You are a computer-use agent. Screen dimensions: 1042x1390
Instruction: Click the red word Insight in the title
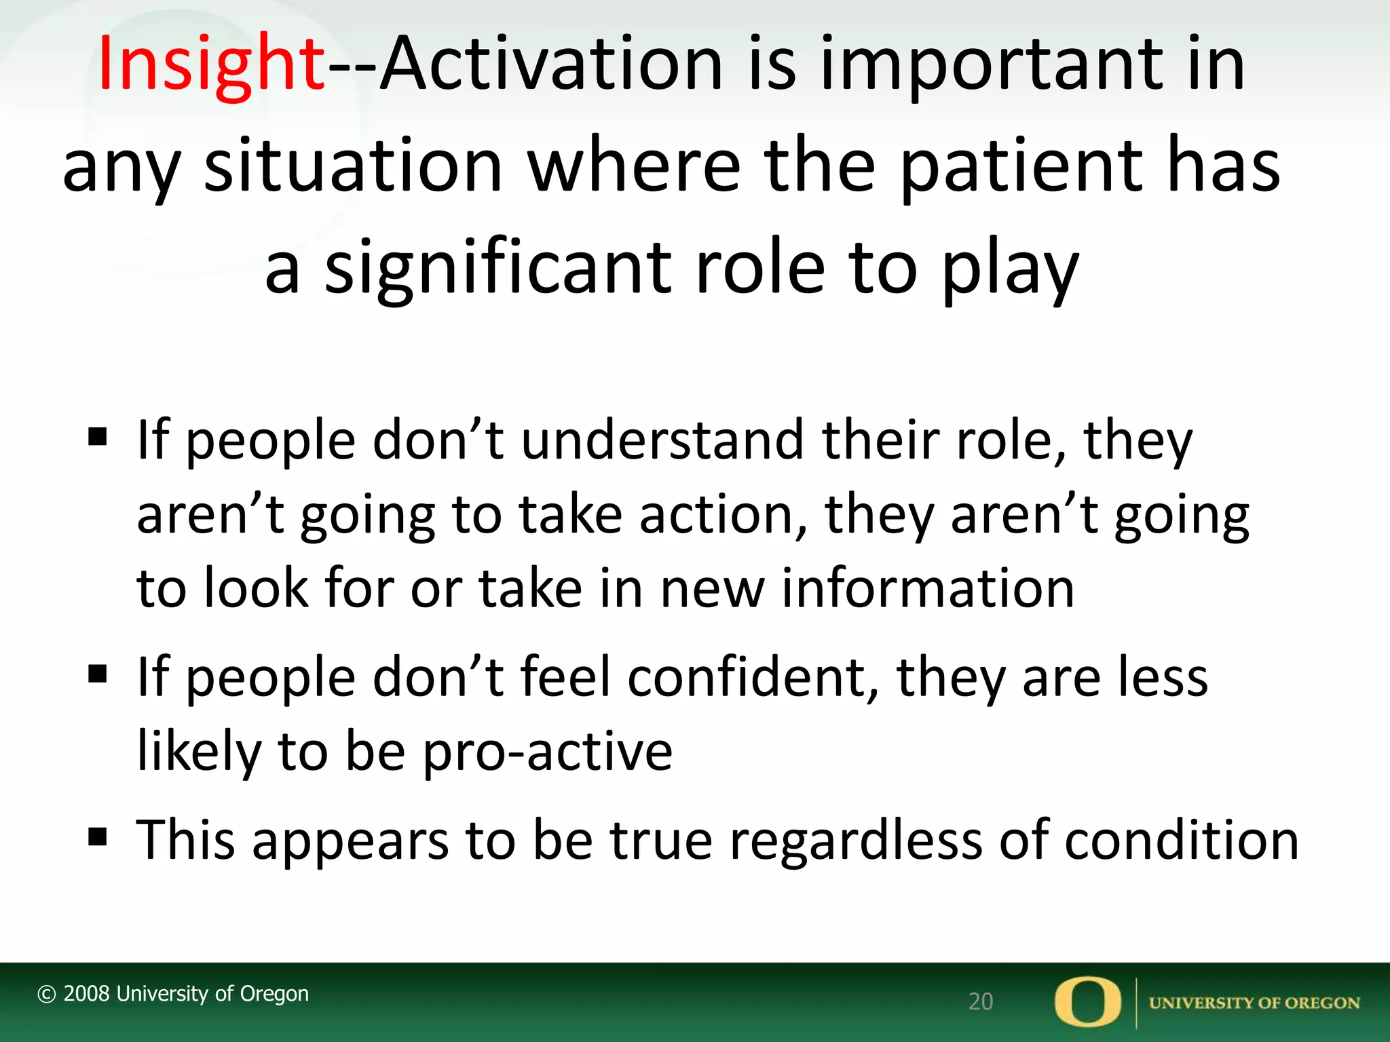211,64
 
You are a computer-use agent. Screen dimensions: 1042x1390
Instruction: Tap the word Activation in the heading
551,64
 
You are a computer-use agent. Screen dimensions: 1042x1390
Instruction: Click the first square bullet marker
98,438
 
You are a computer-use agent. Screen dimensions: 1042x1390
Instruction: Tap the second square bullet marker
98,674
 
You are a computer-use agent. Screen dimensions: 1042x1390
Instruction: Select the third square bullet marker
98,837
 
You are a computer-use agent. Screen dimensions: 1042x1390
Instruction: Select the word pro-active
547,752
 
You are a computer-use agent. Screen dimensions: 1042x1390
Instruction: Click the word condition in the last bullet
1181,840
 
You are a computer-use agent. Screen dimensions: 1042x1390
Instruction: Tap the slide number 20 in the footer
980,1001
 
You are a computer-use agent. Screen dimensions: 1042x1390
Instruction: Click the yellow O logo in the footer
1087,1002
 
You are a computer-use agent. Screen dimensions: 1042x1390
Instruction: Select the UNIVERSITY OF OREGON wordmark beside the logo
1254,1003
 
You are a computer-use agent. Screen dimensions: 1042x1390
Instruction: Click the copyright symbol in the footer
46,995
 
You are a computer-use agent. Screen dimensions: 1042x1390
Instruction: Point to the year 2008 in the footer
86,994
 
